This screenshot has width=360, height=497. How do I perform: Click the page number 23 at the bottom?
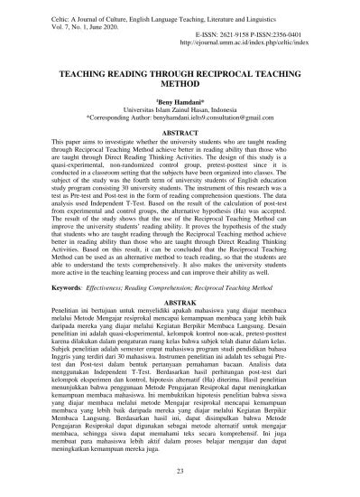[180, 472]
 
